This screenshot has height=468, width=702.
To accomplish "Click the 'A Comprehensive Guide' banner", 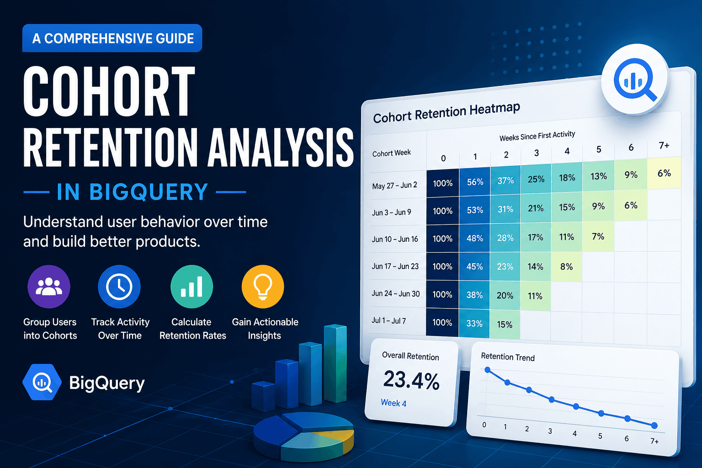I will click(112, 38).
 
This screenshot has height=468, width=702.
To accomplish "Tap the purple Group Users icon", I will click(49, 287).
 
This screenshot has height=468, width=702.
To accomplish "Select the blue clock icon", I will click(119, 287).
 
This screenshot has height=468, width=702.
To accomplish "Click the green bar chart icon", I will click(191, 287).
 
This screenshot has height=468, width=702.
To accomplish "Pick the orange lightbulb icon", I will click(263, 287).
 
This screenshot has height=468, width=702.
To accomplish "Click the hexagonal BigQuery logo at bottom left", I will click(42, 382).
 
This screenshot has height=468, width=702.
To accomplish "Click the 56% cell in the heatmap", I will click(475, 182).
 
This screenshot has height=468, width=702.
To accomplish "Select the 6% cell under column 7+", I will click(664, 173).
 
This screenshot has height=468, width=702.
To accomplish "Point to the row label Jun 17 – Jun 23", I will click(395, 266).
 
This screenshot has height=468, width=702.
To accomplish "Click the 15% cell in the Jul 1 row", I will click(505, 324).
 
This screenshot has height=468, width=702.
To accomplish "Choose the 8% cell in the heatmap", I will click(566, 266).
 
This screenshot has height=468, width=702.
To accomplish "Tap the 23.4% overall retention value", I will click(411, 380).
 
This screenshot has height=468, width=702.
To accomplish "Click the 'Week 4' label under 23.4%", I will click(394, 403).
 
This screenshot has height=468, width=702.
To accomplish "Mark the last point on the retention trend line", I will click(654, 425).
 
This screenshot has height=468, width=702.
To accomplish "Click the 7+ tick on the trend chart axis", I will click(654, 441).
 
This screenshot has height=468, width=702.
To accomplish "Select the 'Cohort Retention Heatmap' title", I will click(447, 113).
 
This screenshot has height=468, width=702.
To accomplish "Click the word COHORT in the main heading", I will click(109, 91).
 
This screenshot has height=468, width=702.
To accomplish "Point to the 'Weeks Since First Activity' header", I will click(537, 136).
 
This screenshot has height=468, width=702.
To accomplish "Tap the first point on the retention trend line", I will click(487, 370).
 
